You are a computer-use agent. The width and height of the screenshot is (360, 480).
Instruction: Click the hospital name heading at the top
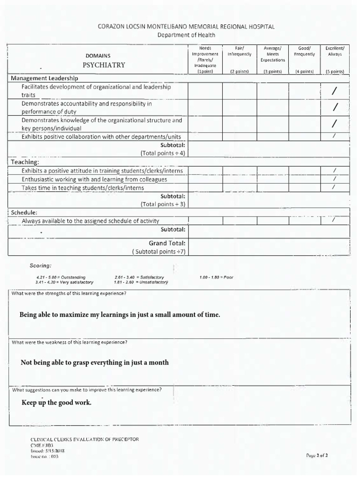pos(186,27)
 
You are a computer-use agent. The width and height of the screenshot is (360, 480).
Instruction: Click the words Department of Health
pos(186,35)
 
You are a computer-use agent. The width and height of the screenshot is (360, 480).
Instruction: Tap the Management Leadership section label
pos(45,78)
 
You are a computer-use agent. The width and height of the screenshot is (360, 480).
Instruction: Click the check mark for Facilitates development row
pos(334,91)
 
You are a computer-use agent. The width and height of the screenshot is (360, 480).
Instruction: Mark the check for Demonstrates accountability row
pos(335,108)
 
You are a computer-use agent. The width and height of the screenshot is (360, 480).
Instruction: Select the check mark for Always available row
pos(334,220)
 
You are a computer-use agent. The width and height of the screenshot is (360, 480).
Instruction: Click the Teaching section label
pos(25,162)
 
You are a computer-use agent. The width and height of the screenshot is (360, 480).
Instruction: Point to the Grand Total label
pos(167,243)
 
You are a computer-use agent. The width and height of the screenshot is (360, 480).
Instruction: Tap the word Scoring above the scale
pos(41,266)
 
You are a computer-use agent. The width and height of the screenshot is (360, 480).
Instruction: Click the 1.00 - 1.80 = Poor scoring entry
pos(216,277)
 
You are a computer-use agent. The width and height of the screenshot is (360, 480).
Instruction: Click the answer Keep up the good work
pos(56,403)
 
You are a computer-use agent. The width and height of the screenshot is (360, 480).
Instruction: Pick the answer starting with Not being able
pos(95,362)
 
